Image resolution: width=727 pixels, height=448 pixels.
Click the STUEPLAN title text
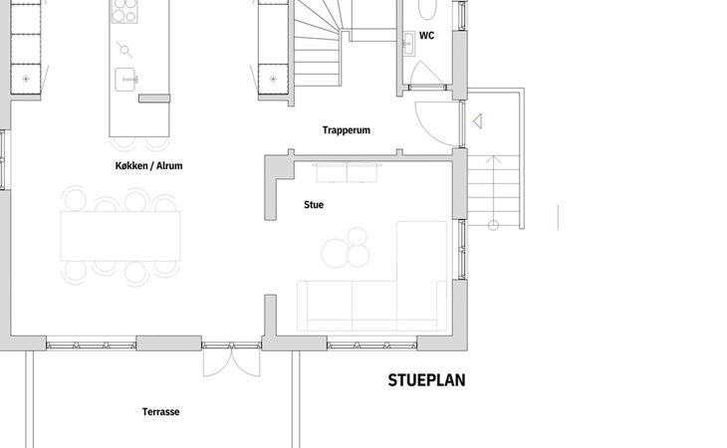[x=426, y=380]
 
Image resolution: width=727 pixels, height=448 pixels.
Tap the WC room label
[x=426, y=36]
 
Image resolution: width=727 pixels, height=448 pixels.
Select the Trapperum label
[x=347, y=130]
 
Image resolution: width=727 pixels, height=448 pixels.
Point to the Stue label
[x=314, y=205]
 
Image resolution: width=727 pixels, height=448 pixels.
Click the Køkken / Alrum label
[x=148, y=166]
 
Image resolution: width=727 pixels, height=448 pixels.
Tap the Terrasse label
[x=161, y=412]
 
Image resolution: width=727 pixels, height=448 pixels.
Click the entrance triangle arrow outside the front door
[x=478, y=121]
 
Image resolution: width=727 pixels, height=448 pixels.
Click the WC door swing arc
[x=423, y=73]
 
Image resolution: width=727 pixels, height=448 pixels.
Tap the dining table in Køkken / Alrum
[x=121, y=236]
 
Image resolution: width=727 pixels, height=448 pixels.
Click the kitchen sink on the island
[x=124, y=80]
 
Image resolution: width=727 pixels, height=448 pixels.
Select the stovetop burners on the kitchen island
[x=124, y=11]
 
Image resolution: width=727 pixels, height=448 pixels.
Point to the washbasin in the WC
[x=409, y=44]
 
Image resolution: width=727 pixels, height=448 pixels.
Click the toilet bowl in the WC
[x=427, y=9]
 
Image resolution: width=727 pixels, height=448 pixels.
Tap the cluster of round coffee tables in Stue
[x=346, y=248]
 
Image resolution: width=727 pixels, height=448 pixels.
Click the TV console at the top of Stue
[x=348, y=173]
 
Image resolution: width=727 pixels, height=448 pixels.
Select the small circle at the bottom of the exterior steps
[x=493, y=226]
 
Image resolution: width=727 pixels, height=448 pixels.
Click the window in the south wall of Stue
[x=371, y=345]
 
